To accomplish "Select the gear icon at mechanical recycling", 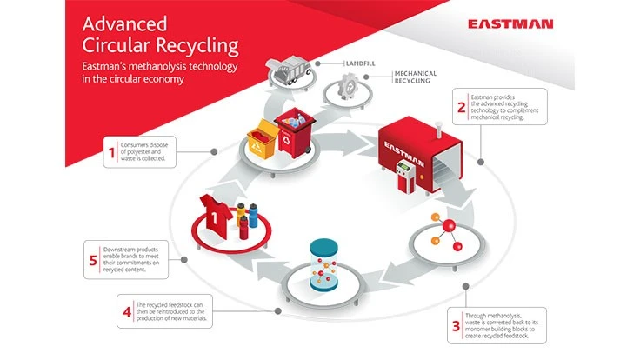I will tap(347, 93).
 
